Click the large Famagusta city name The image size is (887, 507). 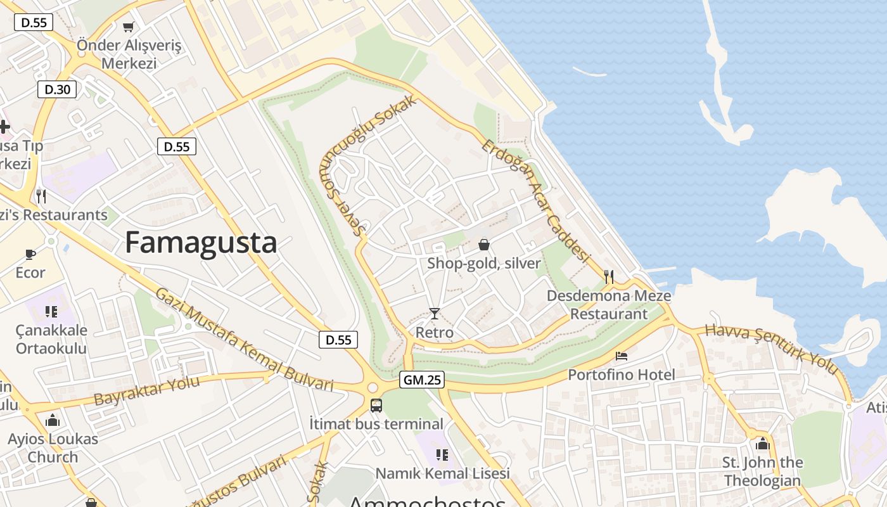pyautogui.click(x=201, y=243)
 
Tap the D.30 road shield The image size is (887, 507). pyautogui.click(x=57, y=89)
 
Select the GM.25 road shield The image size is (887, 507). pyautogui.click(x=422, y=380)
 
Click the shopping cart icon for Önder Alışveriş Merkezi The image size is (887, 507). pyautogui.click(x=129, y=27)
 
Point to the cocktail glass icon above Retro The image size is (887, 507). pyautogui.click(x=434, y=313)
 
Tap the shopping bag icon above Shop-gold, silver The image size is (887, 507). pyautogui.click(x=483, y=245)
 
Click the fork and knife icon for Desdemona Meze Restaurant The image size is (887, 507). pyautogui.click(x=609, y=276)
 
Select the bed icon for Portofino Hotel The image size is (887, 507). pyautogui.click(x=622, y=356)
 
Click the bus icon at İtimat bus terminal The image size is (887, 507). pyautogui.click(x=376, y=404)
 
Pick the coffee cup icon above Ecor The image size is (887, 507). pyautogui.click(x=30, y=254)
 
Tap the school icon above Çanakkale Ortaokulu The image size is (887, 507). pyautogui.click(x=51, y=311)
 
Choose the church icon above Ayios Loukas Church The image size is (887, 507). pyautogui.click(x=53, y=420)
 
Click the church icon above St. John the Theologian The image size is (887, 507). pyautogui.click(x=762, y=444)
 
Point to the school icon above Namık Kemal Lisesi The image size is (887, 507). pyautogui.click(x=442, y=454)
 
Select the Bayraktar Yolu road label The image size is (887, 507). pyautogui.click(x=146, y=390)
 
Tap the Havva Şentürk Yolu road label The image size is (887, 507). pyautogui.click(x=772, y=348)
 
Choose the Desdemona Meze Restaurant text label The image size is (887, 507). pyautogui.click(x=609, y=305)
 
